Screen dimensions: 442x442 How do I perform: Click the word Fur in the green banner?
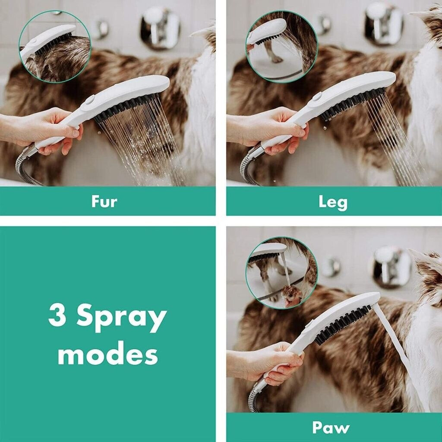(104, 202)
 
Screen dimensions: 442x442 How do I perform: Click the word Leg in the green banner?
(333, 203)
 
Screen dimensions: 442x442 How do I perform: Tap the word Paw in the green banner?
(331, 428)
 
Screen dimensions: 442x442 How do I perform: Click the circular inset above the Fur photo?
(55, 47)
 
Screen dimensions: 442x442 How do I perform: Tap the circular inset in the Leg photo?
(282, 47)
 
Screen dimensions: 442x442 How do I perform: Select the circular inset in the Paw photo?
(282, 273)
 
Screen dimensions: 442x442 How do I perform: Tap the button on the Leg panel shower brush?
(316, 97)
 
